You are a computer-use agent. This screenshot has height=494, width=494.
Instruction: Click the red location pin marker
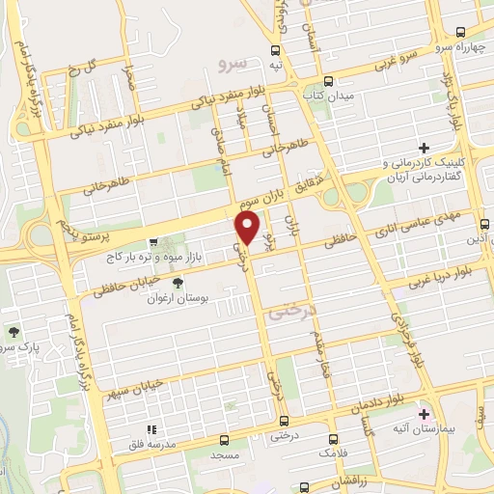(248, 228)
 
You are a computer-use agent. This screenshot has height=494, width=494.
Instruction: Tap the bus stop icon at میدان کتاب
(330, 81)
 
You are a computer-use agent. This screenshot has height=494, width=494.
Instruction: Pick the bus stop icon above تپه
(276, 50)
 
